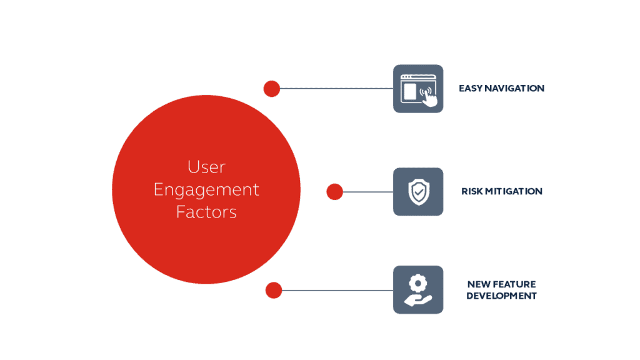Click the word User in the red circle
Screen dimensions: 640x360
(206, 167)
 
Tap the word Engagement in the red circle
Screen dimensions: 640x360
(206, 190)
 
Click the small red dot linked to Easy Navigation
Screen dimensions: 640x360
(272, 89)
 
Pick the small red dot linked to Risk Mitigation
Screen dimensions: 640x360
(335, 192)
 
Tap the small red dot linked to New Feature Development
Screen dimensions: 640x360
(274, 290)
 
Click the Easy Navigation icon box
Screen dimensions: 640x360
(418, 89)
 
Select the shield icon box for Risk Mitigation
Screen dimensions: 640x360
(418, 191)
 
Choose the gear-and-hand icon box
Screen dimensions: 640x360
(418, 290)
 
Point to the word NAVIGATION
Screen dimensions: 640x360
(515, 89)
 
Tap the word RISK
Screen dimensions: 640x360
(472, 191)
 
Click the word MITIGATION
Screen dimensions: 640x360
(514, 191)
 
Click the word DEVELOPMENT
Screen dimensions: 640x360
(501, 296)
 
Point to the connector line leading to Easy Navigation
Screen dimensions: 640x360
(337, 89)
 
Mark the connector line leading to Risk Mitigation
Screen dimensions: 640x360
(368, 192)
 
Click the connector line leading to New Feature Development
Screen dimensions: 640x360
(337, 290)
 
